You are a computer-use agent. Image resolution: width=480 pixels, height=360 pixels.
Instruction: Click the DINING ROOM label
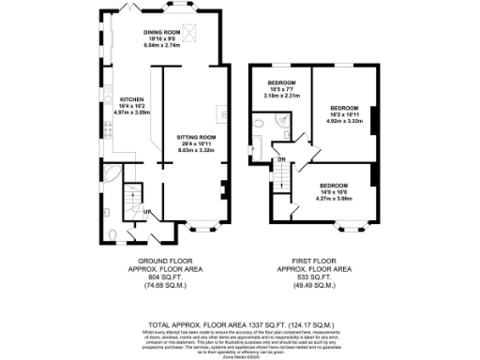coord(161,32)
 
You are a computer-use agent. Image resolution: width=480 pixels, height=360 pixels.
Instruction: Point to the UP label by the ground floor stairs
coord(147,213)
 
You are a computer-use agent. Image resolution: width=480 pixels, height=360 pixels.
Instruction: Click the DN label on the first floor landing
coord(280,159)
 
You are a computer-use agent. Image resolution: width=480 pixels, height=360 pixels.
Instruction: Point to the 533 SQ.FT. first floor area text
coord(322,277)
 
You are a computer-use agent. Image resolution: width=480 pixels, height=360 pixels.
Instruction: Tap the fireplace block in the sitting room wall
coord(224,186)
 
